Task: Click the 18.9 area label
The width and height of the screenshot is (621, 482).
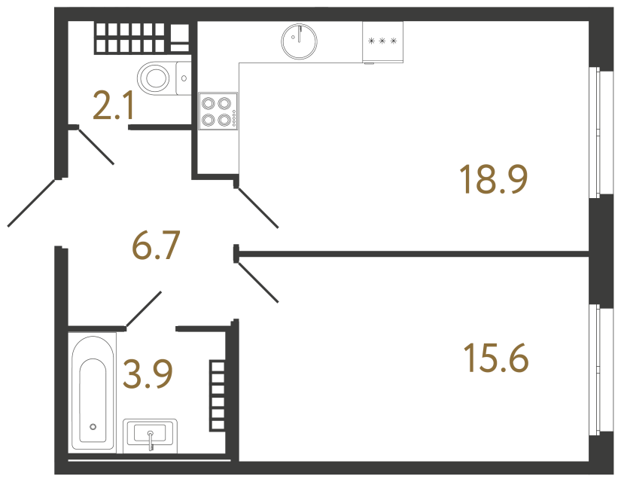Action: [494, 179]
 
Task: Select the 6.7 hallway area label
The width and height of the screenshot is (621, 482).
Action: [156, 246]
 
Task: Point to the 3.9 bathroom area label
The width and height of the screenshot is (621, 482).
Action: [148, 374]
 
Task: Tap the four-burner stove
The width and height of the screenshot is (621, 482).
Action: [218, 111]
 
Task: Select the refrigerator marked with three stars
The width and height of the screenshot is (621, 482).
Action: [383, 41]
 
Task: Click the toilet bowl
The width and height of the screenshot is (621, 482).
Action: [157, 77]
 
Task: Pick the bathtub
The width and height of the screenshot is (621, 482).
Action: [93, 392]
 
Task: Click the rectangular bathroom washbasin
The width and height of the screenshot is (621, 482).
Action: [151, 435]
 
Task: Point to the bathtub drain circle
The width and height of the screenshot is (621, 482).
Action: [93, 426]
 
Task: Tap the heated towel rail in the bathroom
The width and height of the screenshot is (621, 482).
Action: [218, 395]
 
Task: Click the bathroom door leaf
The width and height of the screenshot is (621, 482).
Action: [142, 310]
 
